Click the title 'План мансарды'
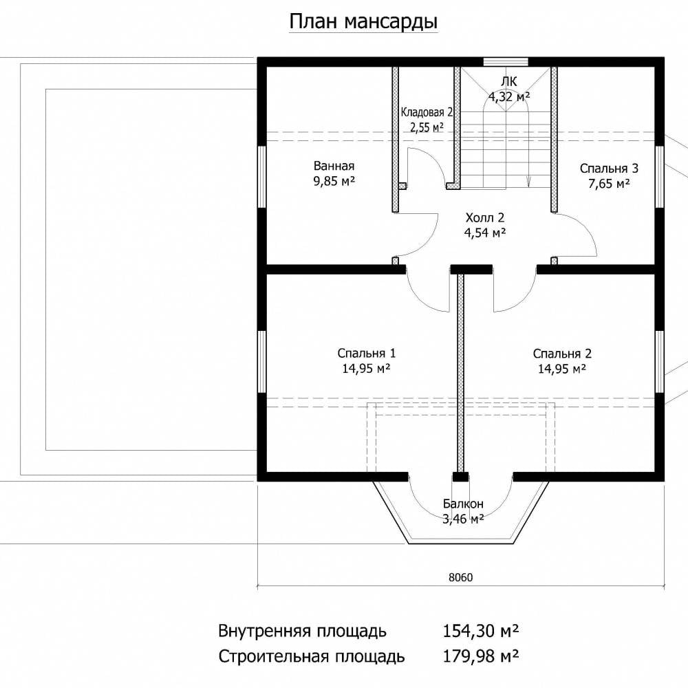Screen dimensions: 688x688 tap(363, 22)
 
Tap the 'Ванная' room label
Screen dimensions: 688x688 tap(334, 166)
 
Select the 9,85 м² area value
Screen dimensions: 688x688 tap(334, 180)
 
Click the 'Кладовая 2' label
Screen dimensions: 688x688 tap(427, 112)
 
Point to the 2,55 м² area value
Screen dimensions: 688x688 tap(427, 127)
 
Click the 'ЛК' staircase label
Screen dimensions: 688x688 tap(509, 81)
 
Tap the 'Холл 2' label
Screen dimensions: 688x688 tap(485, 217)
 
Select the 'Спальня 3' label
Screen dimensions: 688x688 tap(609, 168)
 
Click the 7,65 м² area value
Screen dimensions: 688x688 tap(609, 183)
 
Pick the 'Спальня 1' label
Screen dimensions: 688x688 tap(367, 353)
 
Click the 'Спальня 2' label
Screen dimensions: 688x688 tap(562, 353)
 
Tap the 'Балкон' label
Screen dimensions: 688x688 tap(463, 504)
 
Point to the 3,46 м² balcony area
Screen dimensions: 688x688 tap(463, 519)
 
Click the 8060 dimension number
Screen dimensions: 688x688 tap(461, 577)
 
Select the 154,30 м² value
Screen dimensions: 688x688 tap(480, 631)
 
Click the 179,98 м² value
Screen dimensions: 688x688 tap(480, 656)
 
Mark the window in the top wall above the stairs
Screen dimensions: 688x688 tap(506, 62)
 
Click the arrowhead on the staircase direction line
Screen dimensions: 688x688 tap(528, 180)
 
